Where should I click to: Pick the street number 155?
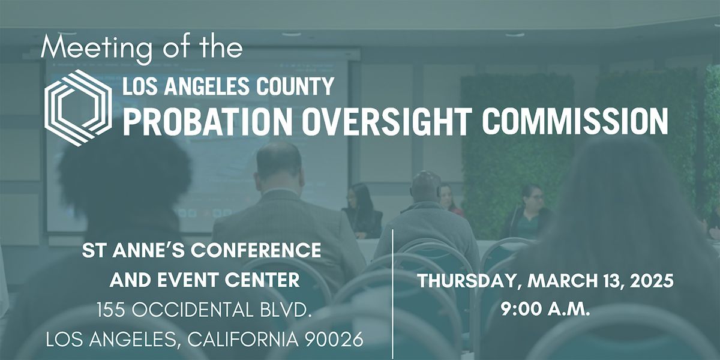tap(113, 311)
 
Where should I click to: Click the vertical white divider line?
tap(393, 294)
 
